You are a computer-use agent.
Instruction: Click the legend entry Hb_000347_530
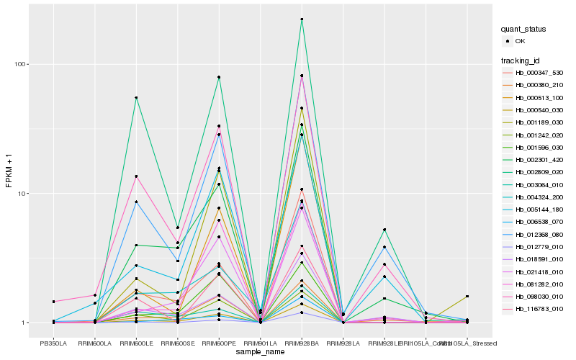click(x=534, y=73)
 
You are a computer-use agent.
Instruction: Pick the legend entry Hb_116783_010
click(x=534, y=308)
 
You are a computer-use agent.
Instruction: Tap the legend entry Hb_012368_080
click(x=534, y=234)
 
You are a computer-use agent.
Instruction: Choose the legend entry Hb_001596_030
click(x=534, y=147)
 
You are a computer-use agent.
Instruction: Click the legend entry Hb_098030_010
click(x=534, y=296)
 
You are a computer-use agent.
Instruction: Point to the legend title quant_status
click(x=524, y=30)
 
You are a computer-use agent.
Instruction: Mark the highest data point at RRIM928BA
click(x=302, y=19)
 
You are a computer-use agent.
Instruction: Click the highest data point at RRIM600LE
click(x=136, y=98)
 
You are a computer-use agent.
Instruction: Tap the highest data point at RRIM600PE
click(x=219, y=77)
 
